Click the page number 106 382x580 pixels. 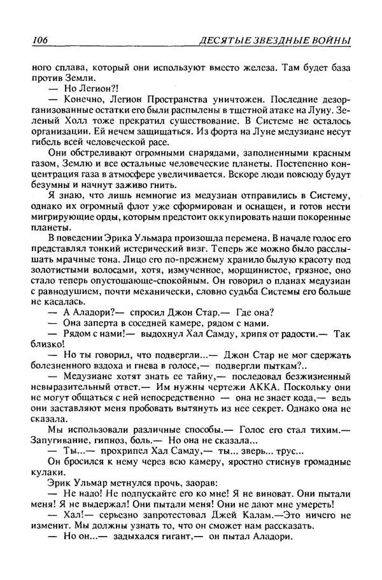[39, 41]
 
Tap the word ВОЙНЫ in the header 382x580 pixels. [331, 41]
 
